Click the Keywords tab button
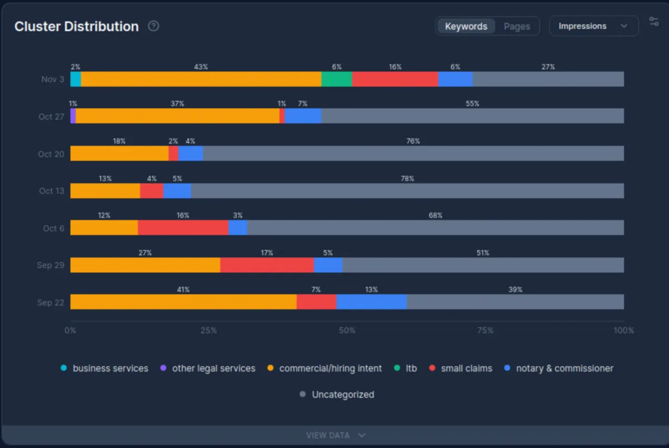coord(466,26)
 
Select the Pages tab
coord(517,26)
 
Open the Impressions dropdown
coord(593,26)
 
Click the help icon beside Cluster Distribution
coord(153,26)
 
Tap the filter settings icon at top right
coord(654,22)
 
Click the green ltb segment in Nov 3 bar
coord(337,79)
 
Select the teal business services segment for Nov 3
coord(76,79)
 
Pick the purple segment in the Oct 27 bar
coord(73,116)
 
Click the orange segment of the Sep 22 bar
coord(183,302)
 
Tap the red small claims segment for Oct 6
coord(183,228)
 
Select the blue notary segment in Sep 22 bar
coord(371,302)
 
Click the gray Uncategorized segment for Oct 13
coord(407,191)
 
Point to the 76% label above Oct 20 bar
coord(413,141)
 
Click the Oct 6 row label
coord(54,228)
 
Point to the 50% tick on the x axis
coord(347,330)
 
